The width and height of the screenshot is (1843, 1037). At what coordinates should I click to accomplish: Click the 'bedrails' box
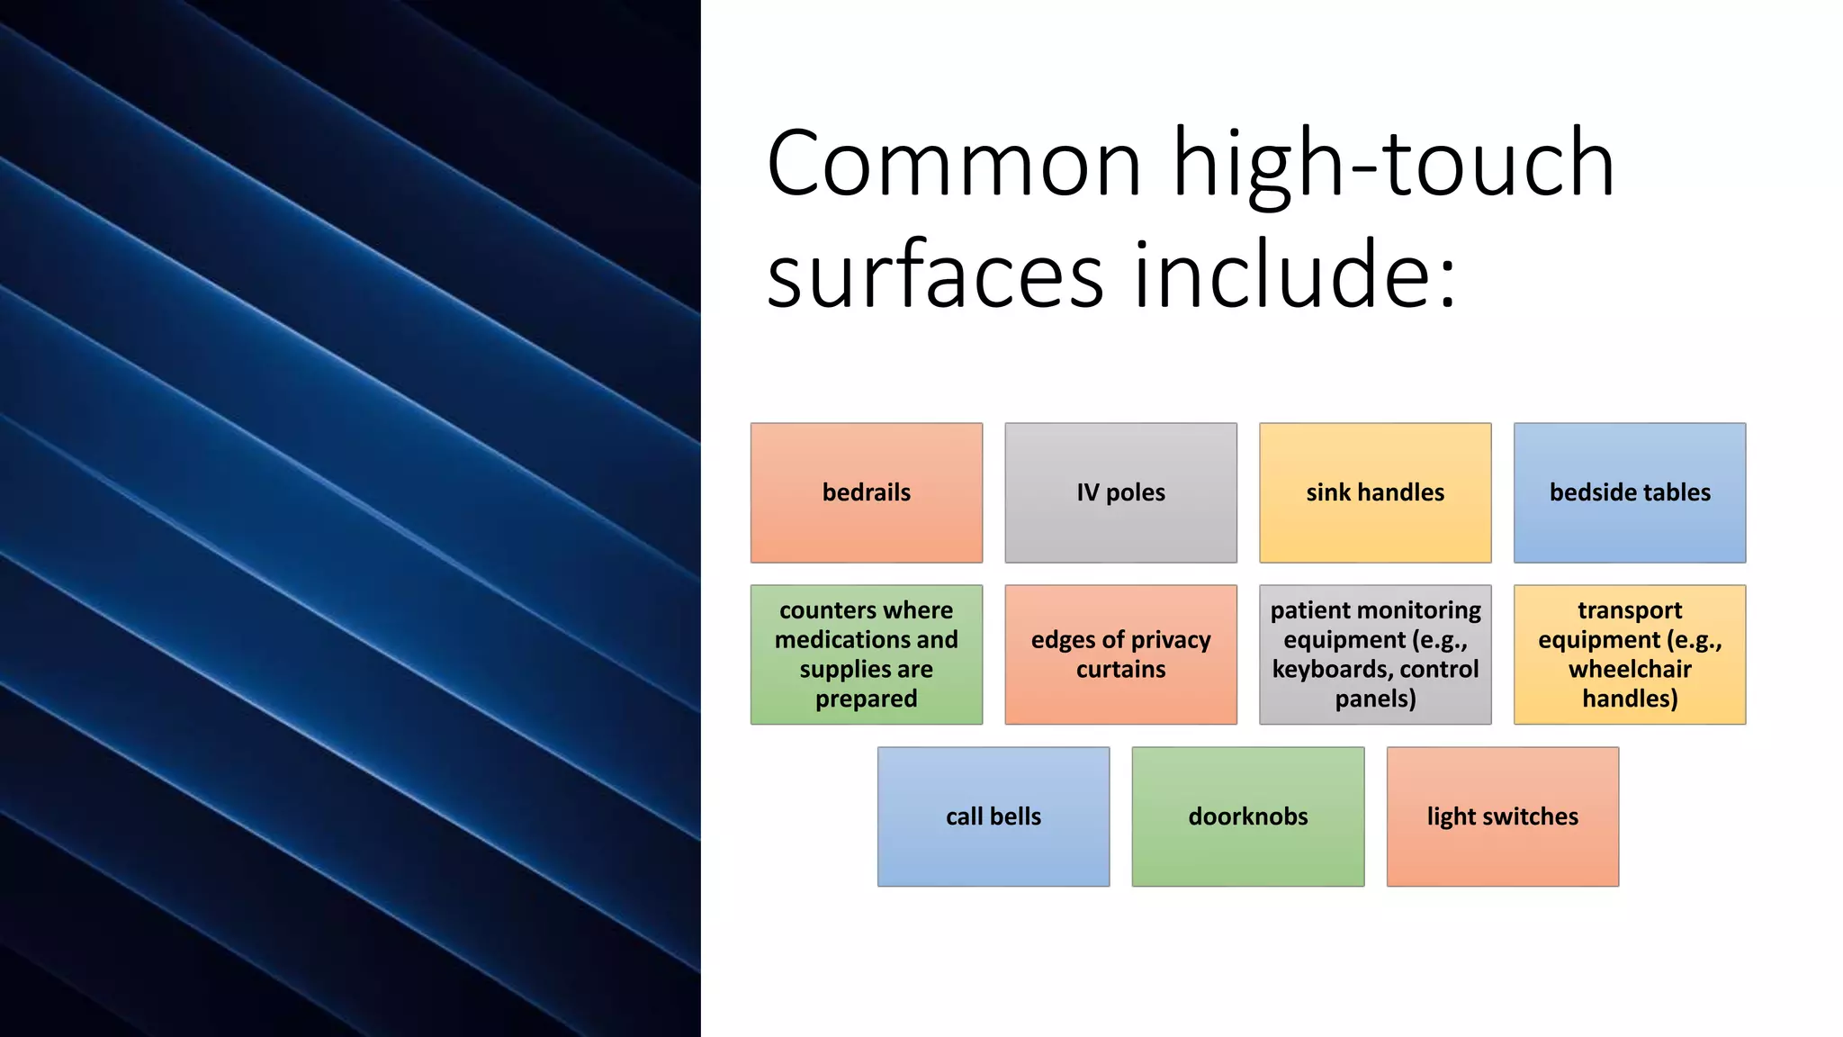866,492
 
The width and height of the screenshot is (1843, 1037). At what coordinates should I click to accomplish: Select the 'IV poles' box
1120,492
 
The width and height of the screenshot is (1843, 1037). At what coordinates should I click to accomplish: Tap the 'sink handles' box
1375,492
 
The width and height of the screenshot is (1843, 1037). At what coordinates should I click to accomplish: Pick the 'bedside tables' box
1630,492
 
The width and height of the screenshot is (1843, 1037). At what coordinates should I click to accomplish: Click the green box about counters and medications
866,654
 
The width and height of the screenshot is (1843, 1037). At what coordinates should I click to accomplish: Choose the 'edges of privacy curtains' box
1120,654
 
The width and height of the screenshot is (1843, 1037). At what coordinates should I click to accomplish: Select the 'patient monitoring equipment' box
1375,654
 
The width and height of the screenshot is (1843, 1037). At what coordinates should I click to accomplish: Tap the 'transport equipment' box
1630,654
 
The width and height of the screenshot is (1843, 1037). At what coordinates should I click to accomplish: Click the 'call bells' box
993,816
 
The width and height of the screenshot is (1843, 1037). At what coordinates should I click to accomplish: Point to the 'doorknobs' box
1248,816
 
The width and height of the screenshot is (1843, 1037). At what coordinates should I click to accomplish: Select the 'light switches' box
1503,816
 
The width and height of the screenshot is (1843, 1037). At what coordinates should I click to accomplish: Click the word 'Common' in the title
954,165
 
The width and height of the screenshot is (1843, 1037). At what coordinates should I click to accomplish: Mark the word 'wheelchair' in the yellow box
1630,669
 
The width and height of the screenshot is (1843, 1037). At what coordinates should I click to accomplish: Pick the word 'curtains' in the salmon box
1120,669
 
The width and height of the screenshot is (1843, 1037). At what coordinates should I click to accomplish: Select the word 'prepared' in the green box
866,699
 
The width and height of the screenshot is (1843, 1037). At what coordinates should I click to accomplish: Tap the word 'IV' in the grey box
1087,492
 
